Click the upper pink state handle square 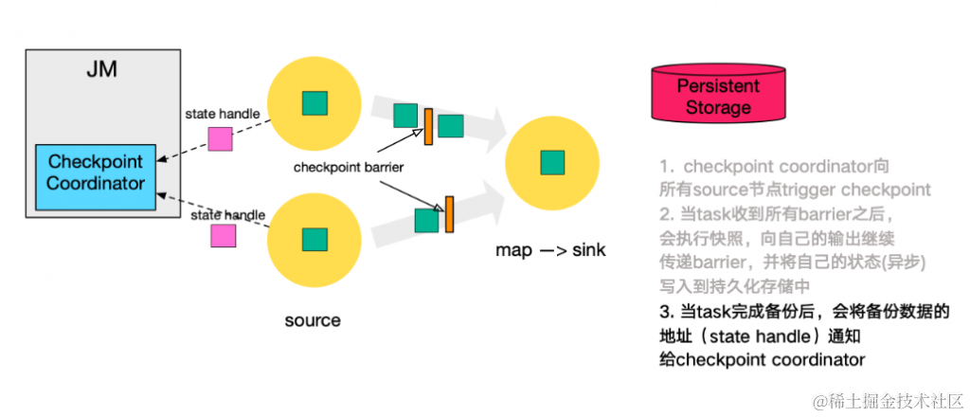(x=221, y=138)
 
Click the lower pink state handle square (x=223, y=234)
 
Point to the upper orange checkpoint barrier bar (x=428, y=127)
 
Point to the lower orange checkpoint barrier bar (x=449, y=213)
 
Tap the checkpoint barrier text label (x=348, y=168)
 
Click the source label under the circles (x=313, y=319)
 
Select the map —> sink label (x=550, y=250)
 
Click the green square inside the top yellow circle (x=314, y=102)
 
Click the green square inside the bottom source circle (x=314, y=239)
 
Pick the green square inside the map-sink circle (x=552, y=162)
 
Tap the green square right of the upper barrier (x=451, y=126)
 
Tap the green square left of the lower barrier (x=427, y=220)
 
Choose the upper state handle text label (x=222, y=115)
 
